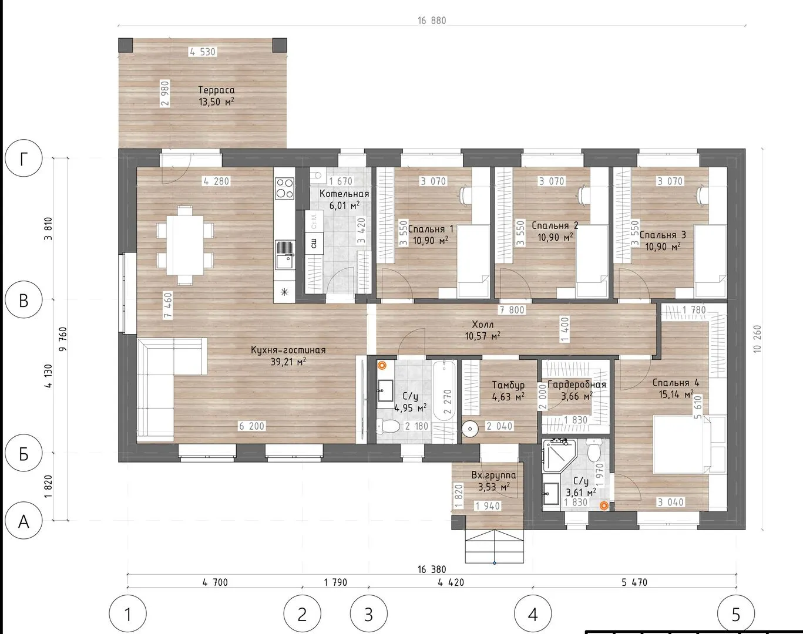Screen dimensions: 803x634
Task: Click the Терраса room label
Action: (216, 90)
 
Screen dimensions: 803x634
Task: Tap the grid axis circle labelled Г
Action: (23, 158)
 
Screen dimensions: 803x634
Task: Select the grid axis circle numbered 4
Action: (533, 613)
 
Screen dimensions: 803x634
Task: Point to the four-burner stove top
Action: (284, 188)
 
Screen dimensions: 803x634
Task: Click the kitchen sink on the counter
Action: (285, 255)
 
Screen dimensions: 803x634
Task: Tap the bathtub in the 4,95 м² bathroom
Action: (445, 396)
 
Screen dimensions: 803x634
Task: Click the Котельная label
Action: (344, 194)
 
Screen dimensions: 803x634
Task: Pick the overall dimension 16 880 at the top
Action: (432, 21)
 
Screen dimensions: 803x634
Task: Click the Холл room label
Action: (482, 324)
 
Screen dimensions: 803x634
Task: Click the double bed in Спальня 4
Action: (688, 444)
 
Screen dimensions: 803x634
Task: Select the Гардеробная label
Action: (577, 385)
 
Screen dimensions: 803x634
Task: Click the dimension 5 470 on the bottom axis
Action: (635, 582)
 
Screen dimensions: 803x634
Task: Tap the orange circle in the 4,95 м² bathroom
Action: (382, 366)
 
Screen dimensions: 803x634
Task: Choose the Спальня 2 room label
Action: (555, 225)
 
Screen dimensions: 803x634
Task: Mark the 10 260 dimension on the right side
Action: (757, 339)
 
